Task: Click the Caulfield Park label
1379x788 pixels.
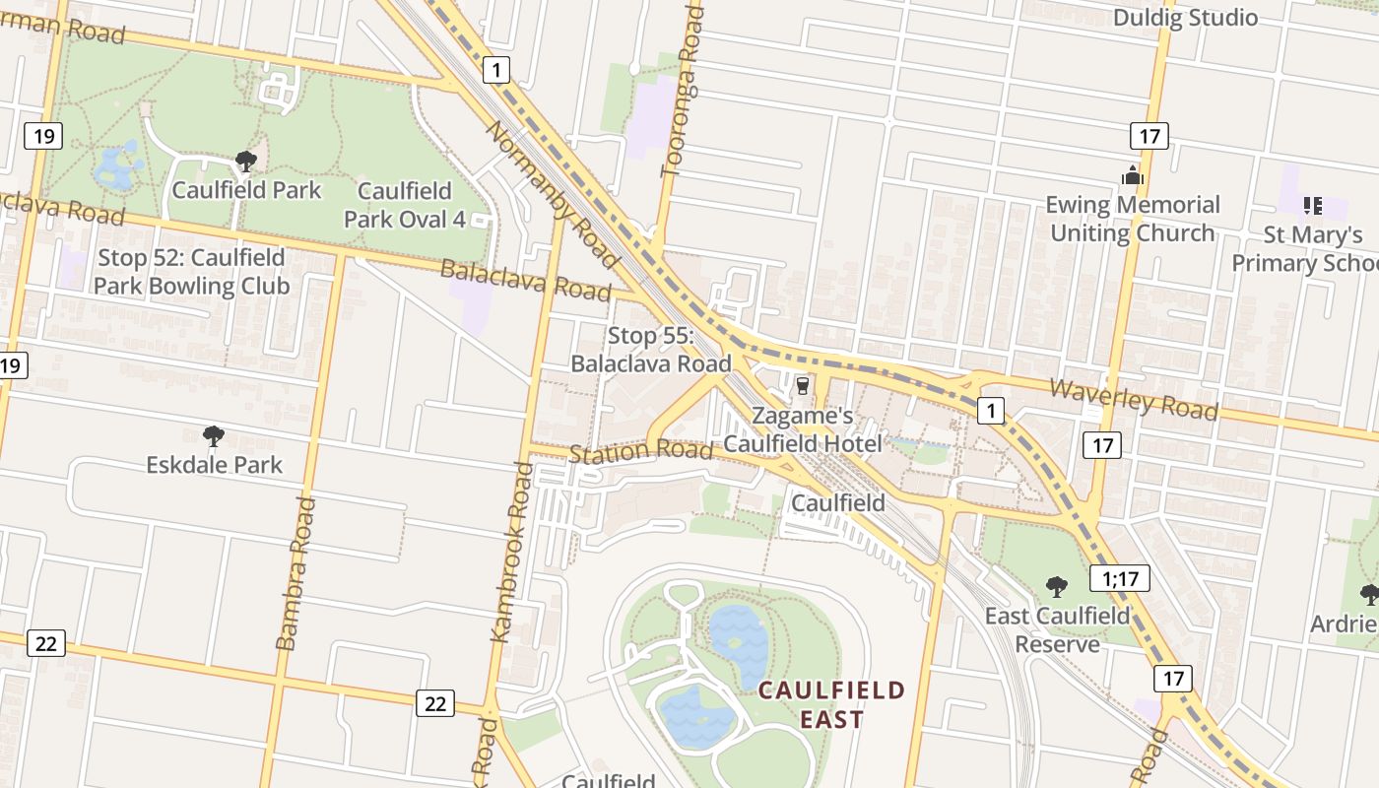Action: [246, 190]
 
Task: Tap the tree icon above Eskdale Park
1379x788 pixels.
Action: [213, 435]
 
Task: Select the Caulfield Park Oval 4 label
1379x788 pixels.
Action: [405, 205]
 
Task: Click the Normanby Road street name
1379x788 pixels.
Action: [552, 195]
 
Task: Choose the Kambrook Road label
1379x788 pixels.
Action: [512, 552]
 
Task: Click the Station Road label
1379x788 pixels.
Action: [641, 451]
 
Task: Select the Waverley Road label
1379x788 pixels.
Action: [1133, 399]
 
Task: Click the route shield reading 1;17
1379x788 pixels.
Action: [1120, 578]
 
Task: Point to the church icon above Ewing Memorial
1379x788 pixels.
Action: [1132, 176]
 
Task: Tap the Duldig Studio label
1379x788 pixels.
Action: [1185, 18]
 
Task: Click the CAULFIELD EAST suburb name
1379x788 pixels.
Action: [831, 704]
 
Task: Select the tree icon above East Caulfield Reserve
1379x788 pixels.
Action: [1057, 587]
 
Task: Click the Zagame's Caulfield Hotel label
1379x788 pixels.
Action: [803, 430]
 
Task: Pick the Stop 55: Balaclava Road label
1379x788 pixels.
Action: [651, 350]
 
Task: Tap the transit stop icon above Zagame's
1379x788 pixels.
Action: [803, 385]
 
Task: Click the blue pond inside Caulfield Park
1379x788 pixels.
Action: [116, 167]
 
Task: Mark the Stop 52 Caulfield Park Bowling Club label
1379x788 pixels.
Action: [191, 272]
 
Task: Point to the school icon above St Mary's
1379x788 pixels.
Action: [1312, 205]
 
